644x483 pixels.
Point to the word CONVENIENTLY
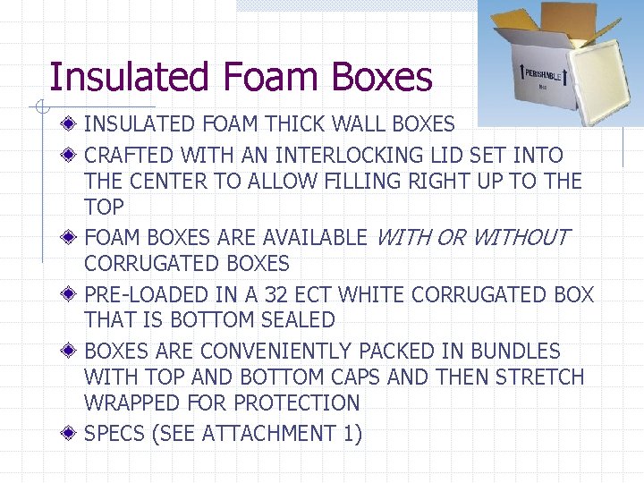click(289, 352)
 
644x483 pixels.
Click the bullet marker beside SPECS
click(70, 434)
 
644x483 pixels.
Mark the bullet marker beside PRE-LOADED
click(70, 294)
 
